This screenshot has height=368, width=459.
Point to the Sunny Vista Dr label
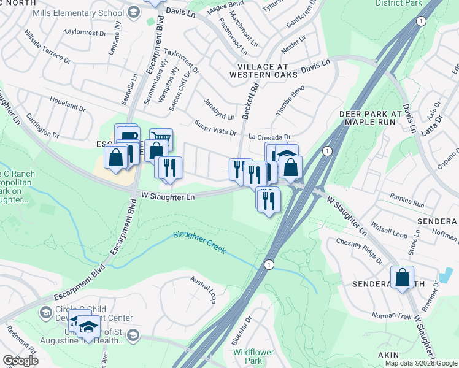click(x=215, y=127)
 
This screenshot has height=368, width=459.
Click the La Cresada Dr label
click(x=269, y=137)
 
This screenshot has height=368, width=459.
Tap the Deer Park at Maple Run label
click(x=373, y=119)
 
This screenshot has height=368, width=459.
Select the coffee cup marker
click(x=128, y=136)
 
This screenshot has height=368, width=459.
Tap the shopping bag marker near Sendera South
click(x=402, y=277)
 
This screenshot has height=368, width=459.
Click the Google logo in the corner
click(x=20, y=361)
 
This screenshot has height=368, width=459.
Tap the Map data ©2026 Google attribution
click(x=421, y=363)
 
